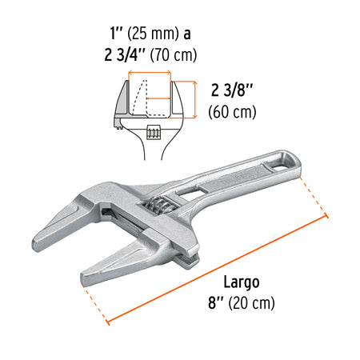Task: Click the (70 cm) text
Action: [x=175, y=55]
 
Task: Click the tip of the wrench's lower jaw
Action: [x=90, y=280]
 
